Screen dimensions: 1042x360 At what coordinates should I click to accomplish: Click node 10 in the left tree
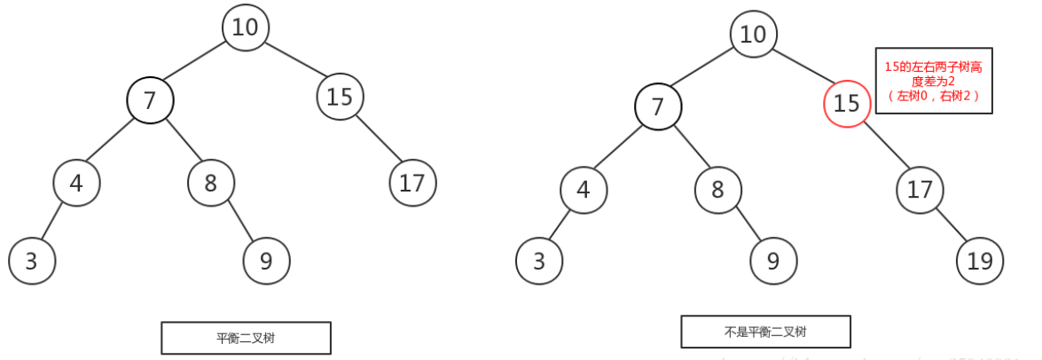coord(245,27)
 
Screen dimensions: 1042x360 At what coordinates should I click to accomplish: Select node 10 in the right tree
coord(753,35)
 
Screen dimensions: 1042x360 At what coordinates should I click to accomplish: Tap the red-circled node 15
coord(847,104)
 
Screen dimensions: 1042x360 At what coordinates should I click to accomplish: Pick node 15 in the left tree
coord(340,97)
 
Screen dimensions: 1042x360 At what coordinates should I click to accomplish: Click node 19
coord(980,262)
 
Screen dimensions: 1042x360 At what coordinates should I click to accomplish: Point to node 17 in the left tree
coord(412,184)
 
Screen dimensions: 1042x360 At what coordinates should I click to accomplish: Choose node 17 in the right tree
coord(920,190)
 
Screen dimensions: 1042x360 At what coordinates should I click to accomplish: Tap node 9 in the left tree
coord(266,262)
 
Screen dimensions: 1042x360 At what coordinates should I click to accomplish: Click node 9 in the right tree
coord(773,262)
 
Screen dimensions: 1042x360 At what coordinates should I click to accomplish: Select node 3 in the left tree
coord(32,262)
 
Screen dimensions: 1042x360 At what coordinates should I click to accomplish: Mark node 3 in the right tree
coord(539,262)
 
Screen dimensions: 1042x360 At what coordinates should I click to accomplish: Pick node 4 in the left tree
coord(76,184)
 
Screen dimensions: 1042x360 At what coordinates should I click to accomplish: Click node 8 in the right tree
coord(718,190)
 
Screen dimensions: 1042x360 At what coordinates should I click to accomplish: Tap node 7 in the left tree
coord(150,101)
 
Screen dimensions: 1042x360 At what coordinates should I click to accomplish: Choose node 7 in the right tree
coord(658,107)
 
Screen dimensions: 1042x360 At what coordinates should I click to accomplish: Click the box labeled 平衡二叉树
coord(246,338)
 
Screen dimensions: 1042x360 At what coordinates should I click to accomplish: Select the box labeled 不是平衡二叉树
coord(765,332)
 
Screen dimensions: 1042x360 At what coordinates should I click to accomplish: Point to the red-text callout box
coord(933,81)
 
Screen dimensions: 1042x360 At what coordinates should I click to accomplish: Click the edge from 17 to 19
coord(950,226)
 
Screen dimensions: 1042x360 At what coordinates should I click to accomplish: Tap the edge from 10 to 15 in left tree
coord(293,62)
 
